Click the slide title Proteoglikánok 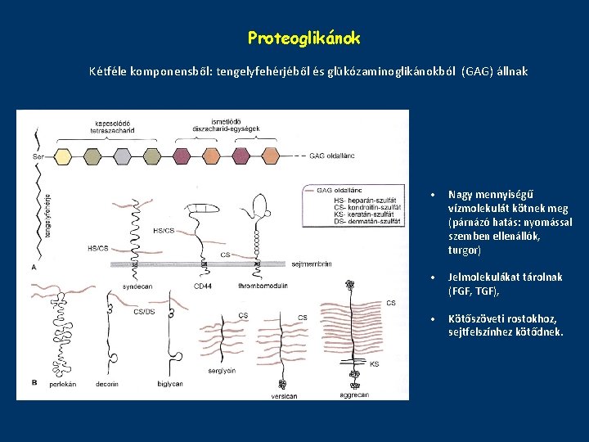(303, 38)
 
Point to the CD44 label (202, 286)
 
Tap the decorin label (106, 383)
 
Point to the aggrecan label (354, 394)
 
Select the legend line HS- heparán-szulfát (352, 200)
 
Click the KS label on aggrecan (374, 363)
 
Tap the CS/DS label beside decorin (144, 312)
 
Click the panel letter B (33, 382)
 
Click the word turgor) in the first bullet (465, 250)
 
